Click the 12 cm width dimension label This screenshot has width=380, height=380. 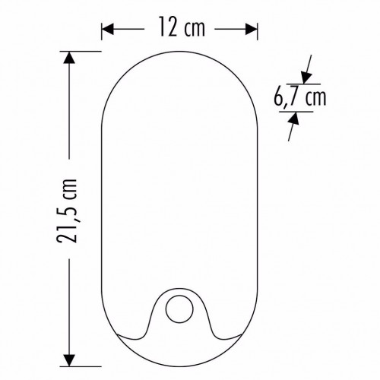tap(182, 27)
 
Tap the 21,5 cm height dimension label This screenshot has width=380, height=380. tap(66, 211)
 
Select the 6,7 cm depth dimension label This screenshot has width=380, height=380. tap(300, 97)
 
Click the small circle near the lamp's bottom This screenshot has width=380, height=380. tap(179, 309)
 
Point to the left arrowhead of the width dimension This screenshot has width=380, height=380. tap(108, 30)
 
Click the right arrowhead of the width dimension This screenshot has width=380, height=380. tap(252, 30)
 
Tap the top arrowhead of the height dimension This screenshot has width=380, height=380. tap(69, 58)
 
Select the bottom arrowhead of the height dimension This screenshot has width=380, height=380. tap(69, 360)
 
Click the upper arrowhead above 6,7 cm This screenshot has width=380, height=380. tap(306, 78)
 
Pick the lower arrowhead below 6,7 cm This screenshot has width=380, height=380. tap(294, 118)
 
